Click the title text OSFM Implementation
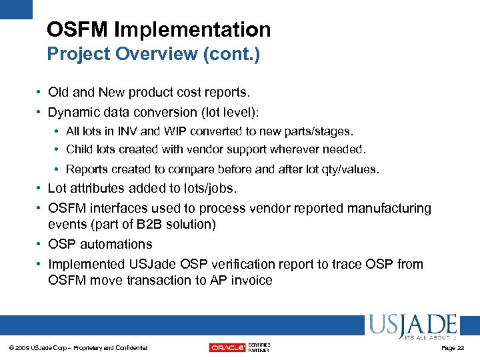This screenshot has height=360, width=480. (x=159, y=29)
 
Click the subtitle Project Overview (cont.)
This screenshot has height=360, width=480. (x=153, y=54)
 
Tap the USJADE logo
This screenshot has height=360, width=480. (x=411, y=327)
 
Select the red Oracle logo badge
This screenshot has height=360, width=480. (x=227, y=347)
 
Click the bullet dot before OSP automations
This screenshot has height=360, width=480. (x=40, y=245)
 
